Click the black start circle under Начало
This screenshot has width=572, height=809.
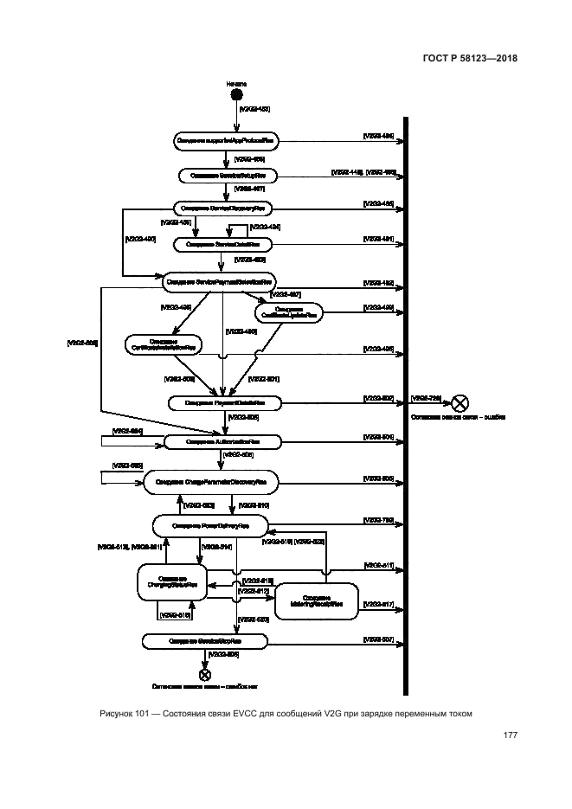236,93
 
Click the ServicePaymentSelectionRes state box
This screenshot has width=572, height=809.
220,280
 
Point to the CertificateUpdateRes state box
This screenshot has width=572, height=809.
289,312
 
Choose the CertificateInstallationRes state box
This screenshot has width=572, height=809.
162,344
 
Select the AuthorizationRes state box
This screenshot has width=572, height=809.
223,442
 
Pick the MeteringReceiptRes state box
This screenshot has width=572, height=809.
316,601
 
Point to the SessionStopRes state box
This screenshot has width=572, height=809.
204,641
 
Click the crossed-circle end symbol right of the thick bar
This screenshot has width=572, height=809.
461,401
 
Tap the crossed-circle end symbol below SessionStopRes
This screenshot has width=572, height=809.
205,674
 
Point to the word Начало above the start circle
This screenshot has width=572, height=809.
236,82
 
